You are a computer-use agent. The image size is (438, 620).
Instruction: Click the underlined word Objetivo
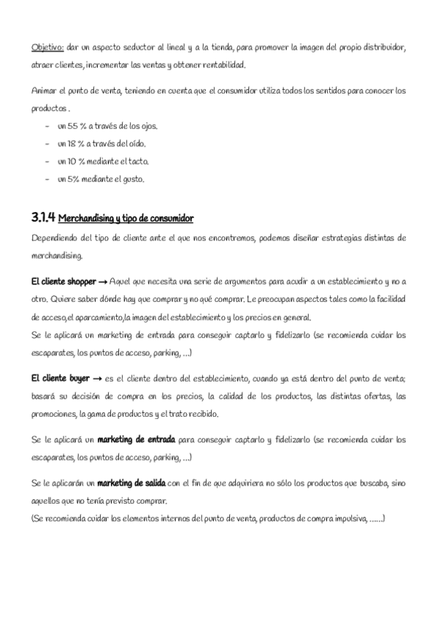[47, 48]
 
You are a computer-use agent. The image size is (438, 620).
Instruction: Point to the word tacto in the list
[137, 161]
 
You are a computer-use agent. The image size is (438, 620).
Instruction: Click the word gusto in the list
[134, 178]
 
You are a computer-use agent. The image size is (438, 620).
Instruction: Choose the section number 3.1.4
[43, 218]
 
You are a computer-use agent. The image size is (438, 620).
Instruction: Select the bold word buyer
[77, 379]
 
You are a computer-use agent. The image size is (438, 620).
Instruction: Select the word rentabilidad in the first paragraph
[222, 65]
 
